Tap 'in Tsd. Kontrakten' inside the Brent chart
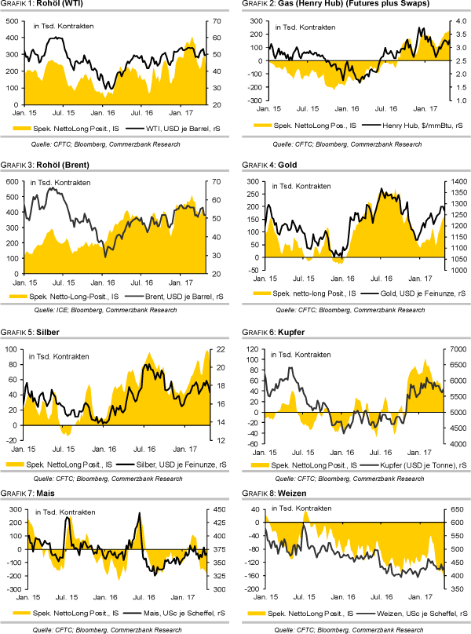(x=60, y=183)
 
